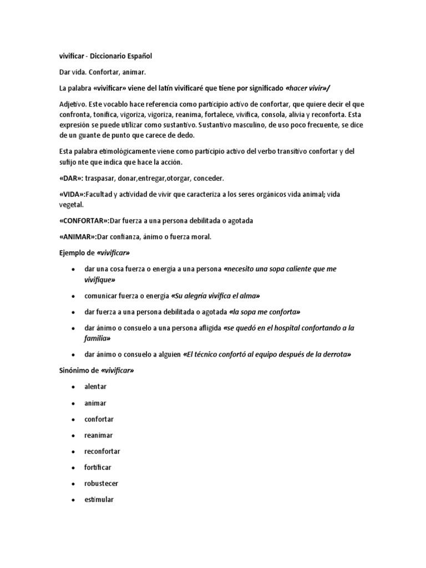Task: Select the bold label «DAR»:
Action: pos(70,179)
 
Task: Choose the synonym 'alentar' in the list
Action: pos(95,387)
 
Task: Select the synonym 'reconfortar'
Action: pos(102,452)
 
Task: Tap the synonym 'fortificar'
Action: pos(98,468)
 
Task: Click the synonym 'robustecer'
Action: pos(101,484)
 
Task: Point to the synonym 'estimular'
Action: pos(99,500)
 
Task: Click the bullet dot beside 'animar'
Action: pos(73,403)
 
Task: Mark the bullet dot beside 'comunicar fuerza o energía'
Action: pos(73,296)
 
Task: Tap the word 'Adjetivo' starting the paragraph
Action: pos(73,105)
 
